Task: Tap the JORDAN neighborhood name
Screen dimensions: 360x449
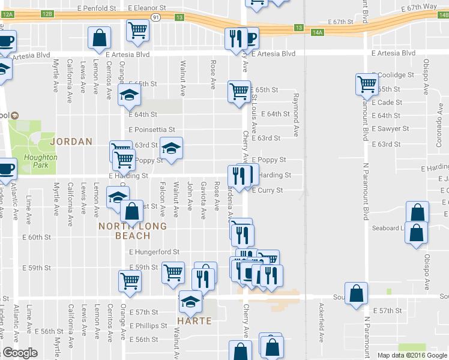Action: coord(72,142)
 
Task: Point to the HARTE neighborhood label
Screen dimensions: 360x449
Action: coord(194,321)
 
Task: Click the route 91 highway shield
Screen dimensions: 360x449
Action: coord(155,18)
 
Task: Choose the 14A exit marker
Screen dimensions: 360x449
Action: coord(318,31)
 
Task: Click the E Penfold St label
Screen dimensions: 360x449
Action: coord(97,8)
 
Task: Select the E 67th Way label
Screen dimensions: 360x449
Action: coord(420,6)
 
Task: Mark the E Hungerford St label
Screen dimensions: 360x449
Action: coord(154,252)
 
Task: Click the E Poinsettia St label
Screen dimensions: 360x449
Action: coord(151,129)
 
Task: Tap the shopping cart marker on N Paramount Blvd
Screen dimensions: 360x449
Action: coord(366,84)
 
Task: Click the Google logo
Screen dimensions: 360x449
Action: coord(20,353)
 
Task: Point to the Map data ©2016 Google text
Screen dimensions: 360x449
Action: coord(411,355)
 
